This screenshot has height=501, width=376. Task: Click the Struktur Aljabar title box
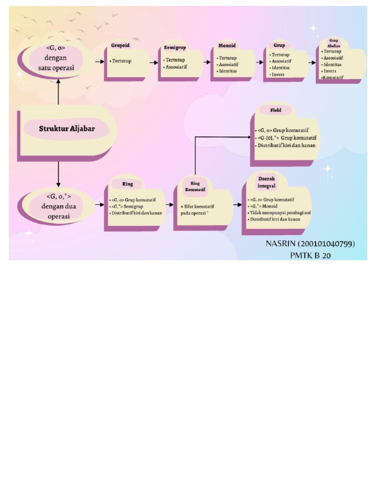pyautogui.click(x=67, y=130)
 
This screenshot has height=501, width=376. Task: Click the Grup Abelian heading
pyautogui.click(x=333, y=43)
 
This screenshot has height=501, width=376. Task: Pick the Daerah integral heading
pyautogui.click(x=267, y=182)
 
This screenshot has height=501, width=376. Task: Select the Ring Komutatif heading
pyautogui.click(x=195, y=186)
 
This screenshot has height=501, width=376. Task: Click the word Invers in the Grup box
pyautogui.click(x=278, y=74)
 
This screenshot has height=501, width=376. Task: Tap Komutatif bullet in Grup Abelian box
pyautogui.click(x=333, y=77)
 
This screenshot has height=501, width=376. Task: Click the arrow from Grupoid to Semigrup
pyautogui.click(x=152, y=62)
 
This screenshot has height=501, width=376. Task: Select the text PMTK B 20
pyautogui.click(x=310, y=255)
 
